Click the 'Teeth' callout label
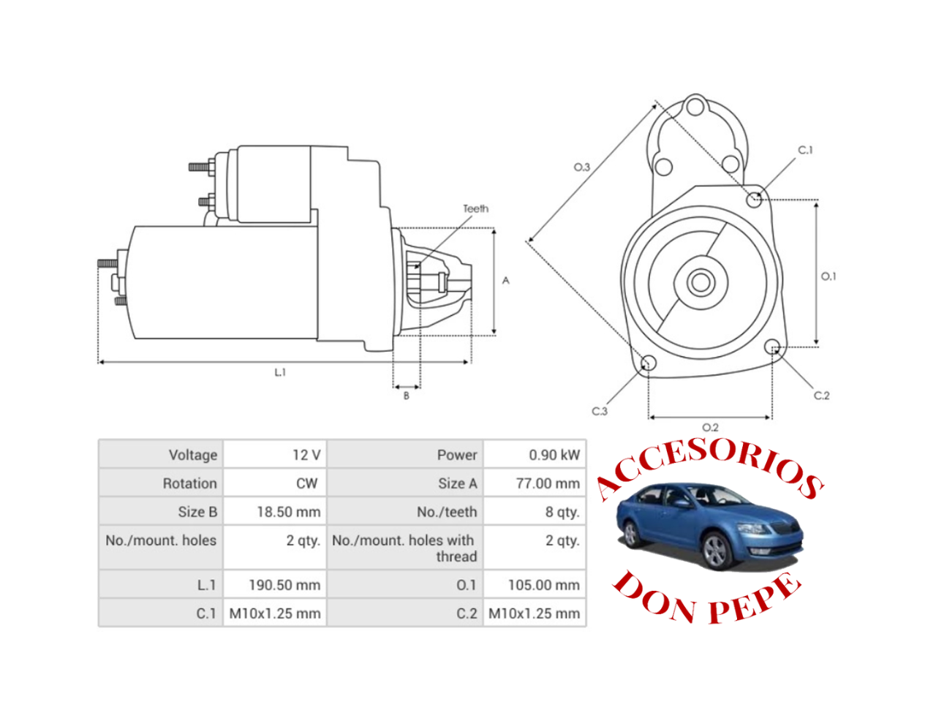click(x=475, y=209)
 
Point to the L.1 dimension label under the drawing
click(x=280, y=373)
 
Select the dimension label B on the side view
click(x=407, y=396)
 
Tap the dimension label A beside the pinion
click(x=505, y=281)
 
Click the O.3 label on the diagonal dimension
click(x=581, y=167)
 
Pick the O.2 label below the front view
click(x=710, y=428)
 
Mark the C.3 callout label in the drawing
click(x=600, y=412)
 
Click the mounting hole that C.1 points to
click(x=755, y=198)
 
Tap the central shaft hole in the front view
click(x=700, y=282)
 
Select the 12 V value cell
click(x=306, y=455)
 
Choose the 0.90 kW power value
click(x=554, y=455)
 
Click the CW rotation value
click(x=306, y=483)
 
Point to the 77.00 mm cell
click(x=547, y=483)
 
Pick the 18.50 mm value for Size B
click(x=288, y=512)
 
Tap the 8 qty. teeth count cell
click(x=562, y=512)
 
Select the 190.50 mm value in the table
click(x=284, y=585)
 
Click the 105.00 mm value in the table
click(x=543, y=585)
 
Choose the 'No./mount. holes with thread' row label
click(x=403, y=548)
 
